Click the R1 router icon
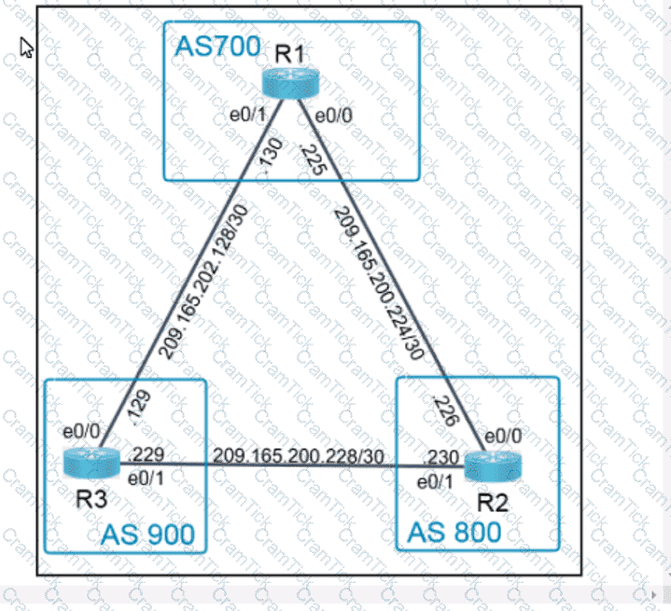pos(290,85)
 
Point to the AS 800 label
pos(454,533)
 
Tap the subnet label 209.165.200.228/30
pos(298,455)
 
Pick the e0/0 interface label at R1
pos(333,118)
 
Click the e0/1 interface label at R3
pos(146,478)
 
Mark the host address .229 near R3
pos(149,455)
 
